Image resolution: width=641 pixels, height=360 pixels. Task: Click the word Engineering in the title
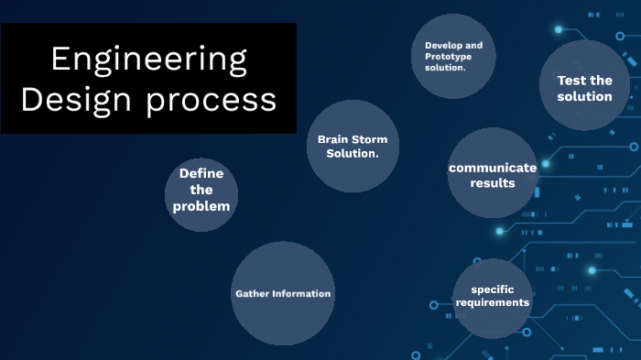(x=148, y=60)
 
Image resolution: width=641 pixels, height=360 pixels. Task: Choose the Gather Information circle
(x=283, y=293)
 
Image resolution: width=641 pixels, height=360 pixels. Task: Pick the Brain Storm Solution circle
(x=352, y=146)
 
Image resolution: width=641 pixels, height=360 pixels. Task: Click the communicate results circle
(x=493, y=173)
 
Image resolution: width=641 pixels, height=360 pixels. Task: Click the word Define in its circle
(x=201, y=173)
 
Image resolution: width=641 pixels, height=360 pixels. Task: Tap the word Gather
(x=252, y=294)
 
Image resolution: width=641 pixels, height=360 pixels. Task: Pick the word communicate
(x=493, y=168)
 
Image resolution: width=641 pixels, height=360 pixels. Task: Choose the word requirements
(x=494, y=302)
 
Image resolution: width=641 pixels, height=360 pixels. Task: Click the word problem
(x=201, y=206)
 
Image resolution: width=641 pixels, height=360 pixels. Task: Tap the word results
(x=493, y=183)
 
